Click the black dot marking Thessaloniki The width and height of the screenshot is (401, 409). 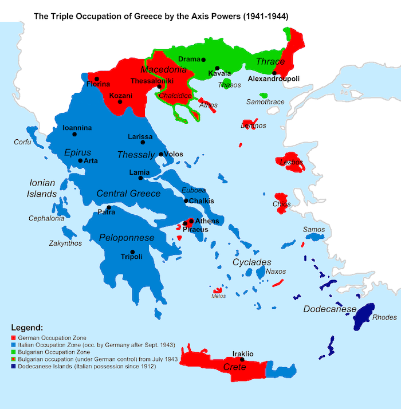click(x=159, y=87)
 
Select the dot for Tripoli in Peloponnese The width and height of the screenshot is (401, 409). click(x=132, y=252)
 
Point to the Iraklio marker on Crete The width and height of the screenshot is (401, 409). click(x=242, y=360)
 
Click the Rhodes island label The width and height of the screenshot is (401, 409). click(x=384, y=317)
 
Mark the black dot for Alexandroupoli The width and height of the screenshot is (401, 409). click(x=274, y=73)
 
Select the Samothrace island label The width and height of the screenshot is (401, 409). click(x=265, y=102)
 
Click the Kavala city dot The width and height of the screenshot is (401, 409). click(x=217, y=68)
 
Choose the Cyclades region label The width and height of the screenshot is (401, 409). click(x=251, y=262)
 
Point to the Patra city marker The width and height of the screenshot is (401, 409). click(x=108, y=207)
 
